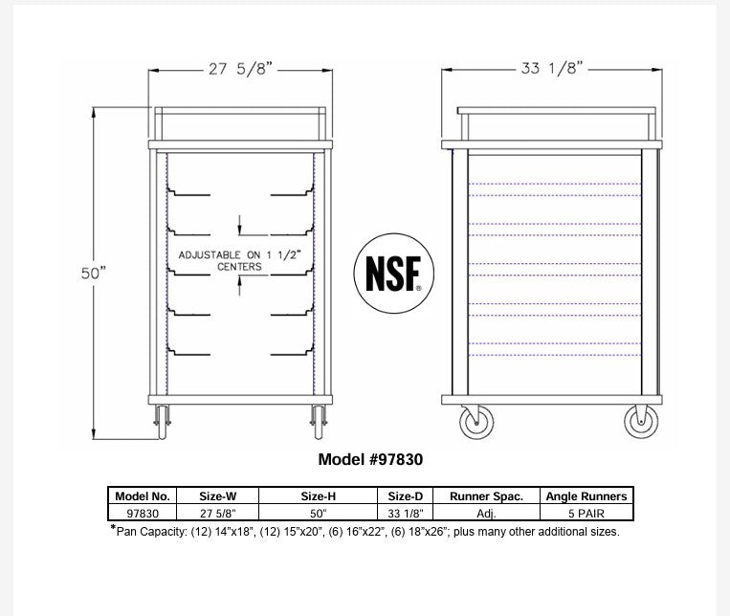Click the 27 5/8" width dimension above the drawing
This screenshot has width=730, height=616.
tap(240, 69)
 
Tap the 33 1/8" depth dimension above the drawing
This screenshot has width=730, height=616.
tap(552, 69)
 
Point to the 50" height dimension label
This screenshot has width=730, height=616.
tap(93, 273)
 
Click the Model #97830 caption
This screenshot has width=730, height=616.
tap(370, 459)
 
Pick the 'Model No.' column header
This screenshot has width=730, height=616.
tap(143, 496)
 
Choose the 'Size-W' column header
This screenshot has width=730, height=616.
tap(217, 496)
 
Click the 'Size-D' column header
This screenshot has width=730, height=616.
tap(407, 496)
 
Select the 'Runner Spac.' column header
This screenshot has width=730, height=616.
tap(487, 496)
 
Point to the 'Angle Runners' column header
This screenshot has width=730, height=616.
tap(586, 496)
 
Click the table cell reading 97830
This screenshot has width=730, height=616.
tap(143, 512)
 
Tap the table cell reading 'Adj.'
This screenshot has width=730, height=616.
tap(487, 512)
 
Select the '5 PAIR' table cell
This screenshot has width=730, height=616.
tap(586, 512)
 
